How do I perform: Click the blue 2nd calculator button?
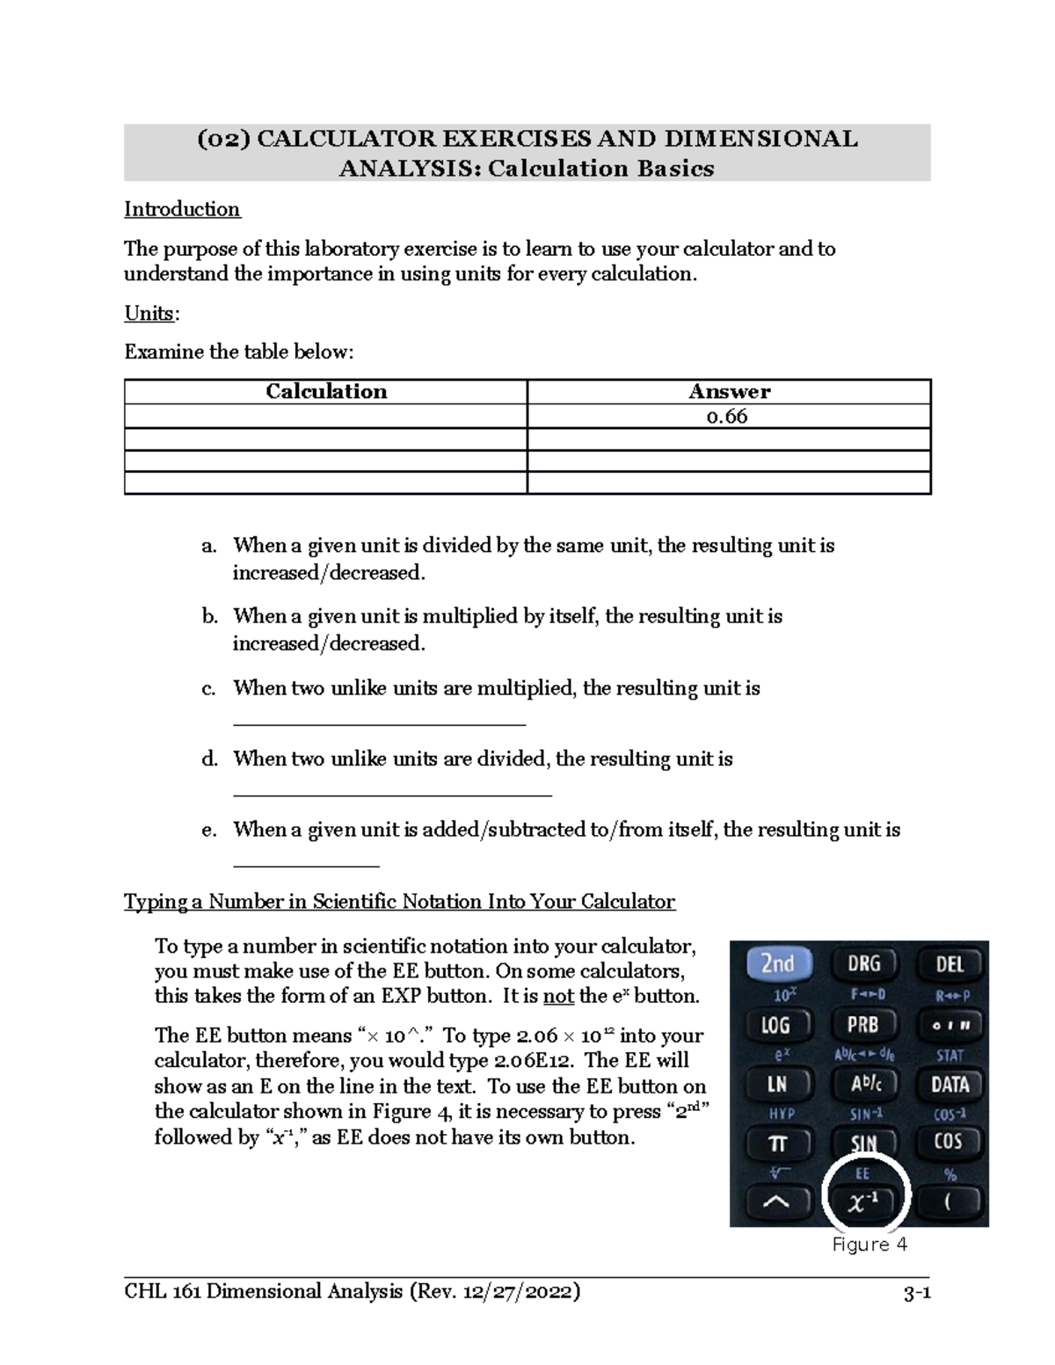click(777, 964)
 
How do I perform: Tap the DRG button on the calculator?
click(863, 964)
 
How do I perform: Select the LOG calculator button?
click(776, 1025)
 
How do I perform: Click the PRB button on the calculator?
click(863, 1025)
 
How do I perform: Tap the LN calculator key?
click(776, 1084)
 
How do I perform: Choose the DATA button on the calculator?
click(949, 1084)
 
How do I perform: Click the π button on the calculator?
click(776, 1144)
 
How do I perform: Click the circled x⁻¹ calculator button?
click(864, 1202)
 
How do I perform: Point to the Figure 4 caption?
click(869, 1245)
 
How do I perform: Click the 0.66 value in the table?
click(728, 417)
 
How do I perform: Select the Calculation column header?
click(326, 392)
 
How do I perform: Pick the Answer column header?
click(729, 392)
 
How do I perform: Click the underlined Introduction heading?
click(182, 209)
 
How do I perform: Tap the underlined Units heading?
click(149, 314)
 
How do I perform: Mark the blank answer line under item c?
click(379, 724)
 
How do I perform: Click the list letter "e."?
click(208, 830)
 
